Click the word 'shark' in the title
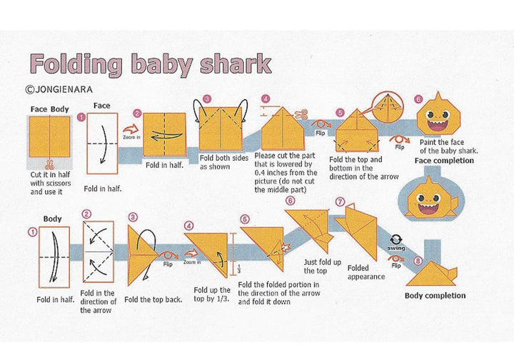(236, 64)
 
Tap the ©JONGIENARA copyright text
(59, 89)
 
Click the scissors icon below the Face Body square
(50, 164)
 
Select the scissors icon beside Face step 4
(301, 115)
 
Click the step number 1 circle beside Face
(81, 117)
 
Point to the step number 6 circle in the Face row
(418, 99)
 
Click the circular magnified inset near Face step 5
(388, 106)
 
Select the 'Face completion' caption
(444, 161)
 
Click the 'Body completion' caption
(435, 296)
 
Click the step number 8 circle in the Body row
(418, 261)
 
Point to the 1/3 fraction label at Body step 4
(238, 269)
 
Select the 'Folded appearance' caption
(366, 272)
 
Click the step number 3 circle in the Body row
(133, 217)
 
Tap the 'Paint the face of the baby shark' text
(448, 146)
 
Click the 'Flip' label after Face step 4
(321, 133)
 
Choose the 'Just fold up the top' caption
(322, 266)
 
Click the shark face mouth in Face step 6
(438, 126)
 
